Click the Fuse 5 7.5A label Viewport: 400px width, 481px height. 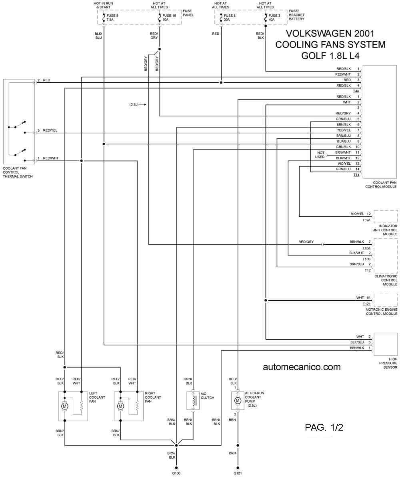tap(112, 18)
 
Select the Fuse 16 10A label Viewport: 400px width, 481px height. tap(169, 18)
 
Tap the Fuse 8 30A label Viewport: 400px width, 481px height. tap(230, 18)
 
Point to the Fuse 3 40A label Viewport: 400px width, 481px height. tap(274, 18)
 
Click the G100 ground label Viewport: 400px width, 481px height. tap(176, 473)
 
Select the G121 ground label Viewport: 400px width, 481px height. tap(238, 473)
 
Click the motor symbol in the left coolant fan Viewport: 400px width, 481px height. tap(64, 406)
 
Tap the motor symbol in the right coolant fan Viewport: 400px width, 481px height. tap(120, 406)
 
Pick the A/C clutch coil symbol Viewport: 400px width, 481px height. tap(194, 401)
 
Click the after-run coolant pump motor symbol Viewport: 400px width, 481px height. tap(238, 401)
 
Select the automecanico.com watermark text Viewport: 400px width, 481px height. tap(302, 367)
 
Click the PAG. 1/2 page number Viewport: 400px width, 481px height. tap(324, 427)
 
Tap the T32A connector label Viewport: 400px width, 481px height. tap(366, 220)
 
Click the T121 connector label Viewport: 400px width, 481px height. tap(366, 304)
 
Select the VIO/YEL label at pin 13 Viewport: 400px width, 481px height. tap(344, 164)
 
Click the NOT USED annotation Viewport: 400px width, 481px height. tap(320, 155)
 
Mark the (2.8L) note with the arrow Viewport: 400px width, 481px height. tap(138, 105)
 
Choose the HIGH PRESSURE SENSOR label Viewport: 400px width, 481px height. tap(388, 363)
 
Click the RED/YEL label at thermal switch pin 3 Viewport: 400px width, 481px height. tap(50, 130)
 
